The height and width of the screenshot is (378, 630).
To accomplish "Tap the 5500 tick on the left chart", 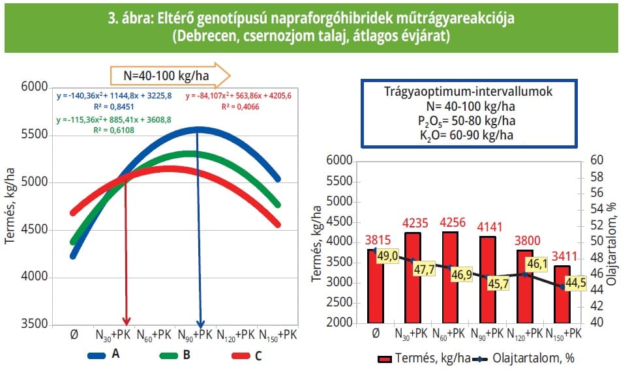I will click(37, 135).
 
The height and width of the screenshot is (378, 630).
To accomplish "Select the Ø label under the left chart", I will click(73, 335).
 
